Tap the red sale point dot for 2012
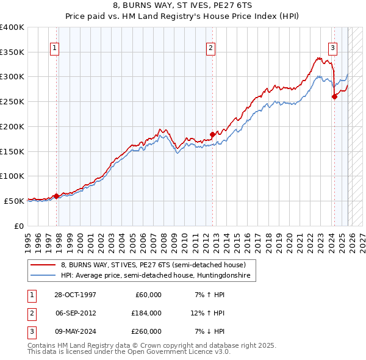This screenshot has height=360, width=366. coord(213,134)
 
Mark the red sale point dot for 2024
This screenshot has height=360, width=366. coord(334,96)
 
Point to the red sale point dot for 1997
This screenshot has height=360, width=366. coord(57,196)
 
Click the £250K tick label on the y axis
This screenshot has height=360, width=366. coord(12,101)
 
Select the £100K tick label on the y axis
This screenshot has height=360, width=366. coord(12,176)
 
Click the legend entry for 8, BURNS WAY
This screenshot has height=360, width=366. coord(152,265)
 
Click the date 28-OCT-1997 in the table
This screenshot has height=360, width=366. coord(75,295)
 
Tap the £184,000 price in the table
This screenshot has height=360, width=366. coord(146,313)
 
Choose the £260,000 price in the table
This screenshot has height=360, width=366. coord(146,331)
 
